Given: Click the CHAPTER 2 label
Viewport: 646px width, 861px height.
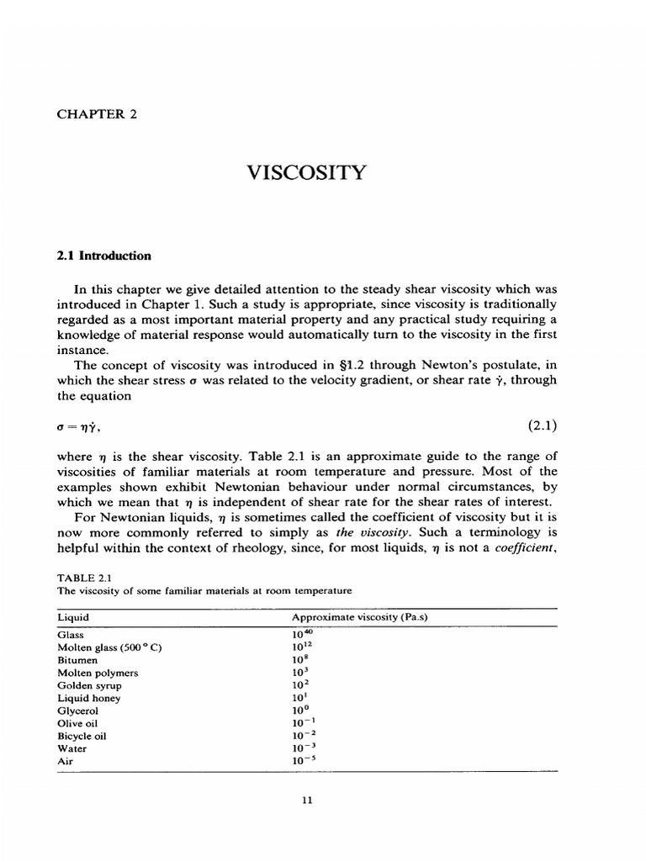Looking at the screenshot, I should (97, 115).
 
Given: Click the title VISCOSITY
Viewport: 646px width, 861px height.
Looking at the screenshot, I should (307, 173).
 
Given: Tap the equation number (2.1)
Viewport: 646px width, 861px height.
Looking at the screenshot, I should (543, 425).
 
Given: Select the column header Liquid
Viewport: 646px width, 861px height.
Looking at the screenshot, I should (73, 617).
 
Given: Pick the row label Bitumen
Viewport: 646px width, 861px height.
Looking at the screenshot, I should (77, 661).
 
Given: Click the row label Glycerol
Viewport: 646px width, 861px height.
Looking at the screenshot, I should (78, 710).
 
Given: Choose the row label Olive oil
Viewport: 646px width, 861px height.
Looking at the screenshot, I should (78, 722).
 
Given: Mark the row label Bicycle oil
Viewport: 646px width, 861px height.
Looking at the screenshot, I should (82, 735).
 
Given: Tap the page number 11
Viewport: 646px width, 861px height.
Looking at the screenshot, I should (307, 800).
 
